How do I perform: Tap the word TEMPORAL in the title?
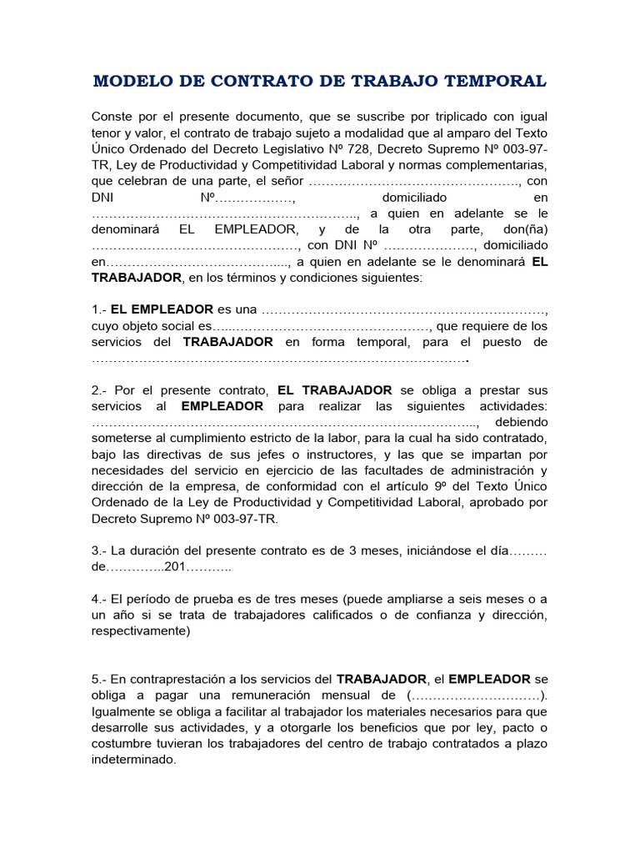pos(499,81)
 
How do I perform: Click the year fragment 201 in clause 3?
pos(174,567)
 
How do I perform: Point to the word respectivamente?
pos(140,631)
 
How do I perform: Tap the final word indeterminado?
pos(133,760)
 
